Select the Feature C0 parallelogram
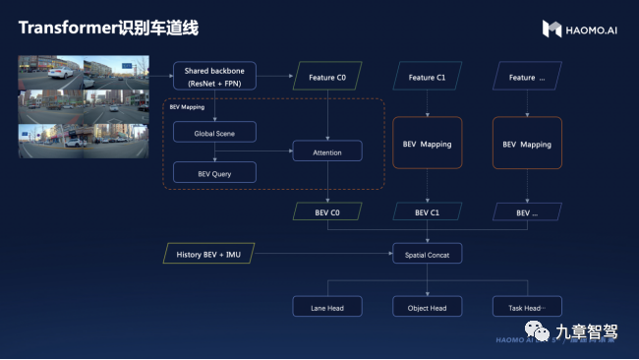pyautogui.click(x=328, y=77)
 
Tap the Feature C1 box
pyautogui.click(x=427, y=77)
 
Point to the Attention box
pyautogui.click(x=327, y=152)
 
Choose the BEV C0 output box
pyautogui.click(x=328, y=211)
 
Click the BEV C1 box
pyautogui.click(x=427, y=211)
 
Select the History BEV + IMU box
pyautogui.click(x=208, y=255)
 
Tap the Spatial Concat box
pyautogui.click(x=427, y=255)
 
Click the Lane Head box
pyautogui.click(x=327, y=307)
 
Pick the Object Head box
pyautogui.click(x=427, y=307)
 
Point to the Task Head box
pyautogui.click(x=526, y=307)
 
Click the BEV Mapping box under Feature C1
pyautogui.click(x=427, y=145)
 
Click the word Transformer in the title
pyautogui.click(x=67, y=29)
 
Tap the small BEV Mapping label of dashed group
pyautogui.click(x=186, y=106)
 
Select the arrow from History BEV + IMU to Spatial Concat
pyautogui.click(x=324, y=255)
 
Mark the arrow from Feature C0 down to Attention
pyautogui.click(x=327, y=113)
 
